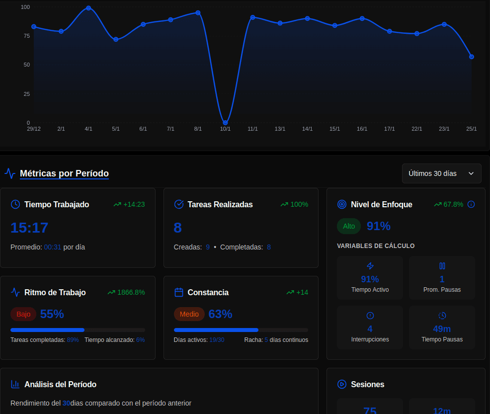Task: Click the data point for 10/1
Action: tap(225, 122)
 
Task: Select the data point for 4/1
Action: tap(88, 8)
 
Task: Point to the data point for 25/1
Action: tap(471, 57)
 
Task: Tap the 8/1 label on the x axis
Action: tap(198, 129)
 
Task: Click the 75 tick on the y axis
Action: tap(25, 36)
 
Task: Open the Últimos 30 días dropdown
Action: tap(441, 173)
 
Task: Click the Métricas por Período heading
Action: tap(64, 173)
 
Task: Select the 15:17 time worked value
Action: tap(29, 228)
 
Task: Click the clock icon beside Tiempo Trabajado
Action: tap(15, 204)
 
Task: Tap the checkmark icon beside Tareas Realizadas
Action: tap(179, 204)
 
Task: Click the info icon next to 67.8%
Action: tap(471, 204)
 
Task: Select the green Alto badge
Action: tap(349, 226)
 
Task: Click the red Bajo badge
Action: tap(23, 314)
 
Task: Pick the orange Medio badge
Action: tap(189, 314)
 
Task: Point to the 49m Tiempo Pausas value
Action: tap(442, 329)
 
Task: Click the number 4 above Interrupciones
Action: tap(370, 329)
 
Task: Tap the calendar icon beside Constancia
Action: tap(179, 292)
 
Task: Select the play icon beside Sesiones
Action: tap(341, 384)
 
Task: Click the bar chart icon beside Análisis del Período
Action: tap(15, 384)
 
